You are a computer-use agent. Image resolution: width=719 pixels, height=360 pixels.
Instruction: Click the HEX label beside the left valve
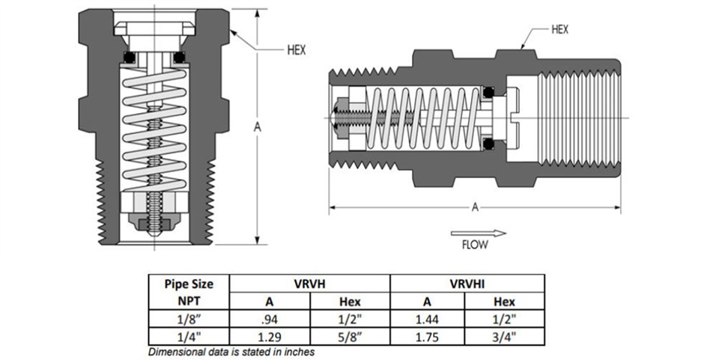pos(297,50)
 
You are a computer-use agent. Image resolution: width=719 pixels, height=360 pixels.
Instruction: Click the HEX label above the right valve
pos(559,30)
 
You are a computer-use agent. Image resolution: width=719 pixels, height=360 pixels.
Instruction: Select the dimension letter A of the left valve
pos(257,127)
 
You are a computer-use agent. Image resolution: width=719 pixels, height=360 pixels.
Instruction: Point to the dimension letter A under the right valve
pos(475,207)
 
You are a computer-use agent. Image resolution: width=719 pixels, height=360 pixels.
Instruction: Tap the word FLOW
pos(475,245)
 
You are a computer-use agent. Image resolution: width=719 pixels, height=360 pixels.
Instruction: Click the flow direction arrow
pos(479,233)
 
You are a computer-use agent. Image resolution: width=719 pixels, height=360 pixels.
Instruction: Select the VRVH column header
pos(309,284)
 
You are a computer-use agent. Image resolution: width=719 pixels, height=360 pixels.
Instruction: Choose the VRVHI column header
pos(467,284)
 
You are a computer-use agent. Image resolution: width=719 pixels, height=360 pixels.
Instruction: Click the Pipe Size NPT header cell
pos(189,292)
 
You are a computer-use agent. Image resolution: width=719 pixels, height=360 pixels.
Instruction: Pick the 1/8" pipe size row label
pos(189,319)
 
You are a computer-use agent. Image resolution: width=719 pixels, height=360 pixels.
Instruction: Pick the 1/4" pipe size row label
pos(189,337)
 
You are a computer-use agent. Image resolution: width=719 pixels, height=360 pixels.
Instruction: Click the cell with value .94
pos(269,319)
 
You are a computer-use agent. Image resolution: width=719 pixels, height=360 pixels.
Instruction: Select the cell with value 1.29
pos(269,337)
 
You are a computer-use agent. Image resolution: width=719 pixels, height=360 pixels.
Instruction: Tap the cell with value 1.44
pos(427,319)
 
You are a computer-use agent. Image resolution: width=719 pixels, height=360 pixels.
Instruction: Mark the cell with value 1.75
pos(427,337)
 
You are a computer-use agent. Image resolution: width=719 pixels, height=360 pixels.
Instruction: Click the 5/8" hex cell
pos(351,337)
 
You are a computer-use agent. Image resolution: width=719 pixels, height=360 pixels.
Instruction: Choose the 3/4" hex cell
pos(504,337)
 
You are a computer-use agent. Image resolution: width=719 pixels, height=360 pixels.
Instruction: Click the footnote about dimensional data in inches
pos(231,353)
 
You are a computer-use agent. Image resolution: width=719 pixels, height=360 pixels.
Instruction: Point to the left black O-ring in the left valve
pos(130,58)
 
